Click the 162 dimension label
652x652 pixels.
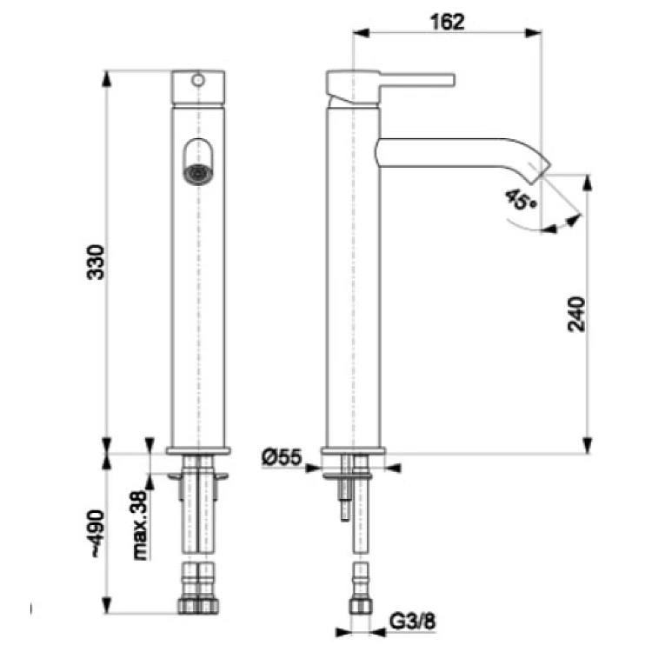click(x=447, y=22)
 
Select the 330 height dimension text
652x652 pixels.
click(x=96, y=263)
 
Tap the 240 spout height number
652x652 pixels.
click(x=576, y=314)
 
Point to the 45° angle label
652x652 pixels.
click(x=521, y=200)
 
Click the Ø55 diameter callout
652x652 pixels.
click(x=281, y=457)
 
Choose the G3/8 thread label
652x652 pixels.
click(x=413, y=622)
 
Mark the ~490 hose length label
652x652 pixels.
click(x=97, y=533)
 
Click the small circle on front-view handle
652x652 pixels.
click(x=198, y=80)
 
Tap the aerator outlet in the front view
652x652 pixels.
click(x=198, y=174)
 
